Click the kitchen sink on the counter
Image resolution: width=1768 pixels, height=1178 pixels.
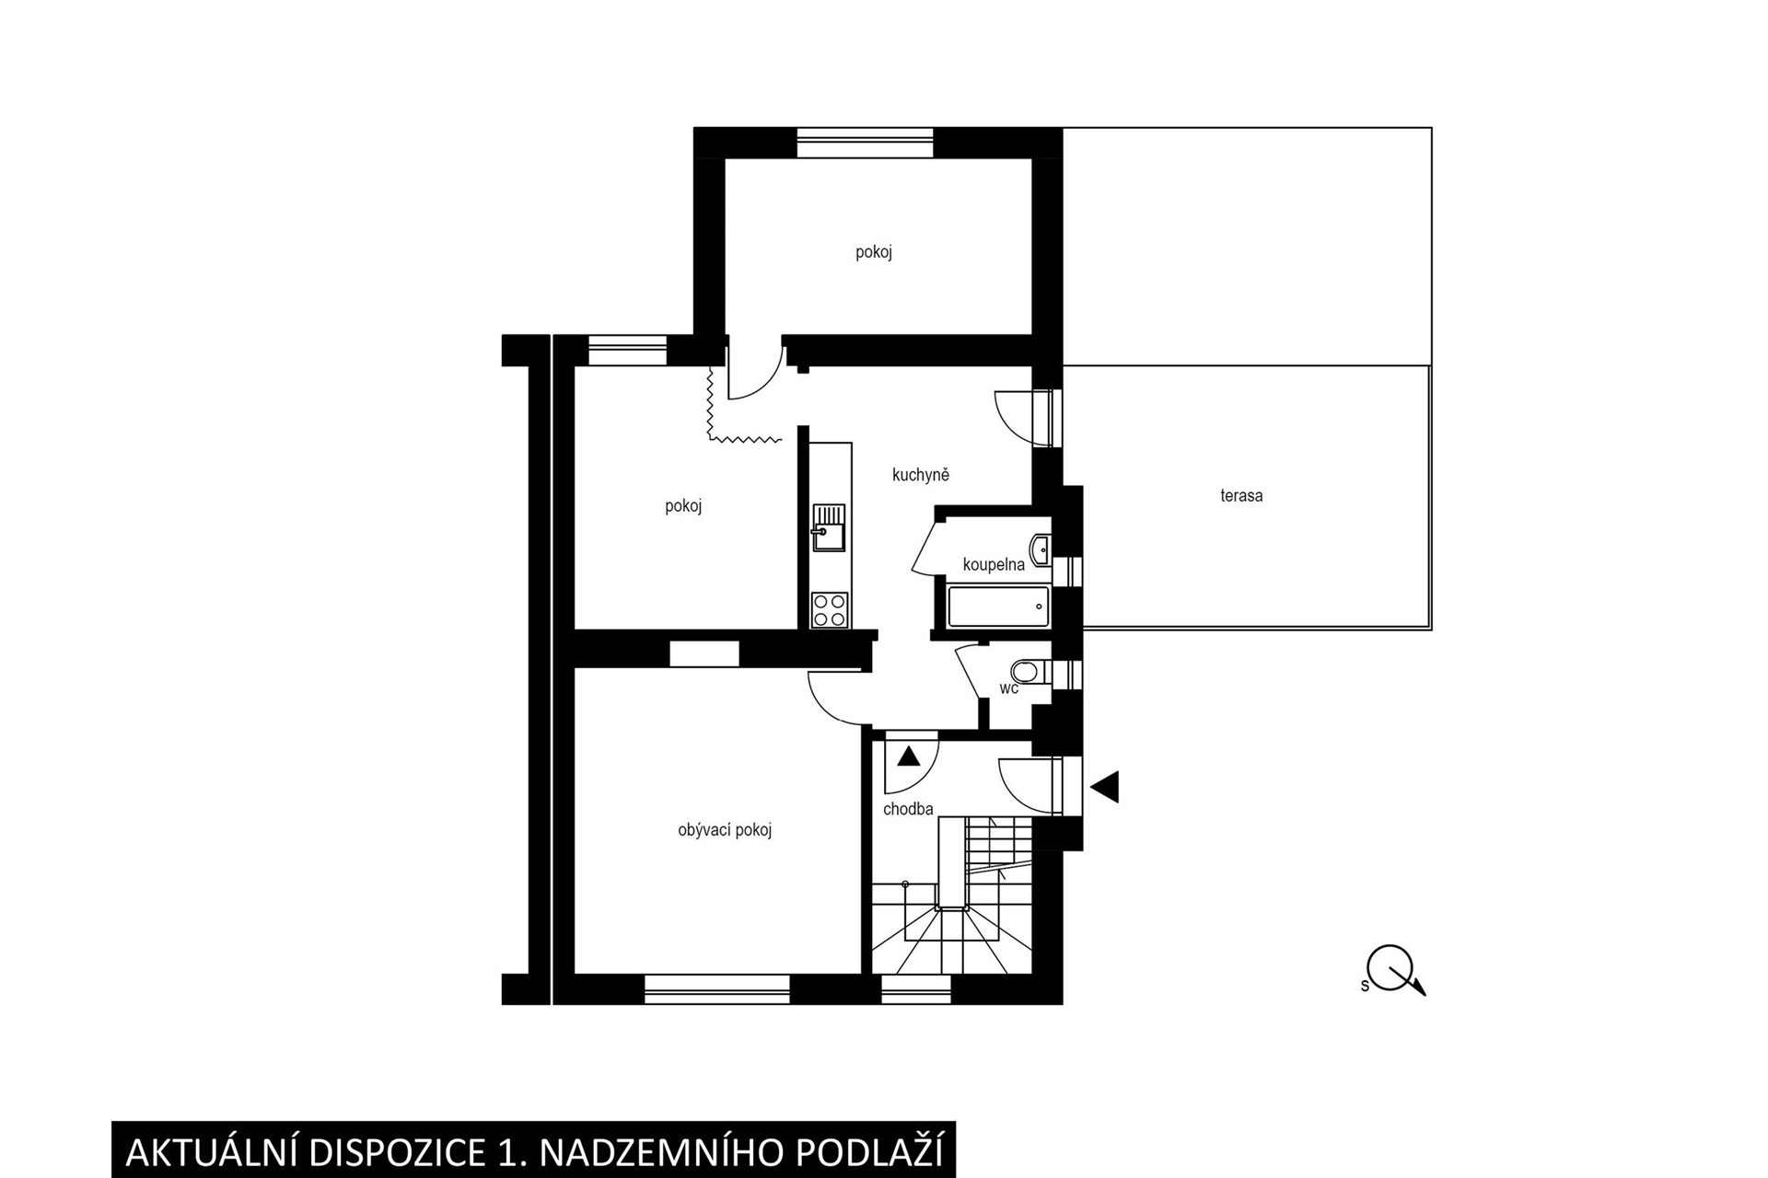point(829,527)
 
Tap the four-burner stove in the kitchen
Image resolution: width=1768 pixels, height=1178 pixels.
point(829,609)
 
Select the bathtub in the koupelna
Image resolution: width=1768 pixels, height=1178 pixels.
point(998,606)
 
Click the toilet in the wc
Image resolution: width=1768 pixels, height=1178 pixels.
point(1030,672)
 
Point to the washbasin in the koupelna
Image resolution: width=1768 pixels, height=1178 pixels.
point(1041,549)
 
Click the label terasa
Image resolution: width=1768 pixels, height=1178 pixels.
point(1241,495)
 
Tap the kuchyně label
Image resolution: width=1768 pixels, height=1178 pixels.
point(920,475)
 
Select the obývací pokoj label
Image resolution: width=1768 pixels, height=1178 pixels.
point(725,830)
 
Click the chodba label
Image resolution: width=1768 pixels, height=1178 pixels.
point(908,809)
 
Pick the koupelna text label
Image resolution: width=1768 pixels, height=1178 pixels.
point(994,564)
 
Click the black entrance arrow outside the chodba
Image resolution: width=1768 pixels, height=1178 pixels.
point(1104,787)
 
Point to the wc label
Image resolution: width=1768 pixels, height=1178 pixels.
point(1009,687)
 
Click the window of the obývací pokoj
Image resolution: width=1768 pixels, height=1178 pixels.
point(717,988)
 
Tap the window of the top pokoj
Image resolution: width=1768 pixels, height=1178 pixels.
point(865,144)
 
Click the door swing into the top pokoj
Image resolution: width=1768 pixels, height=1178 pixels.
point(755,373)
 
